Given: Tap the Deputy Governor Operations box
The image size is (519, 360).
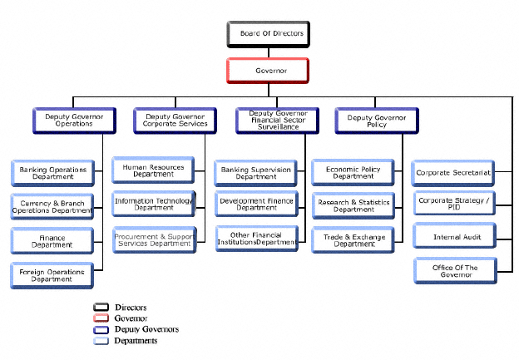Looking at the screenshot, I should click(x=69, y=121).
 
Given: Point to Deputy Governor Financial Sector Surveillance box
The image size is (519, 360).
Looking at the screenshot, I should click(x=273, y=121).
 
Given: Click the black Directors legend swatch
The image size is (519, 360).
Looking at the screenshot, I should click(x=101, y=308).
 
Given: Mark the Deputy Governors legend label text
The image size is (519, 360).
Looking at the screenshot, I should click(x=147, y=329).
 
